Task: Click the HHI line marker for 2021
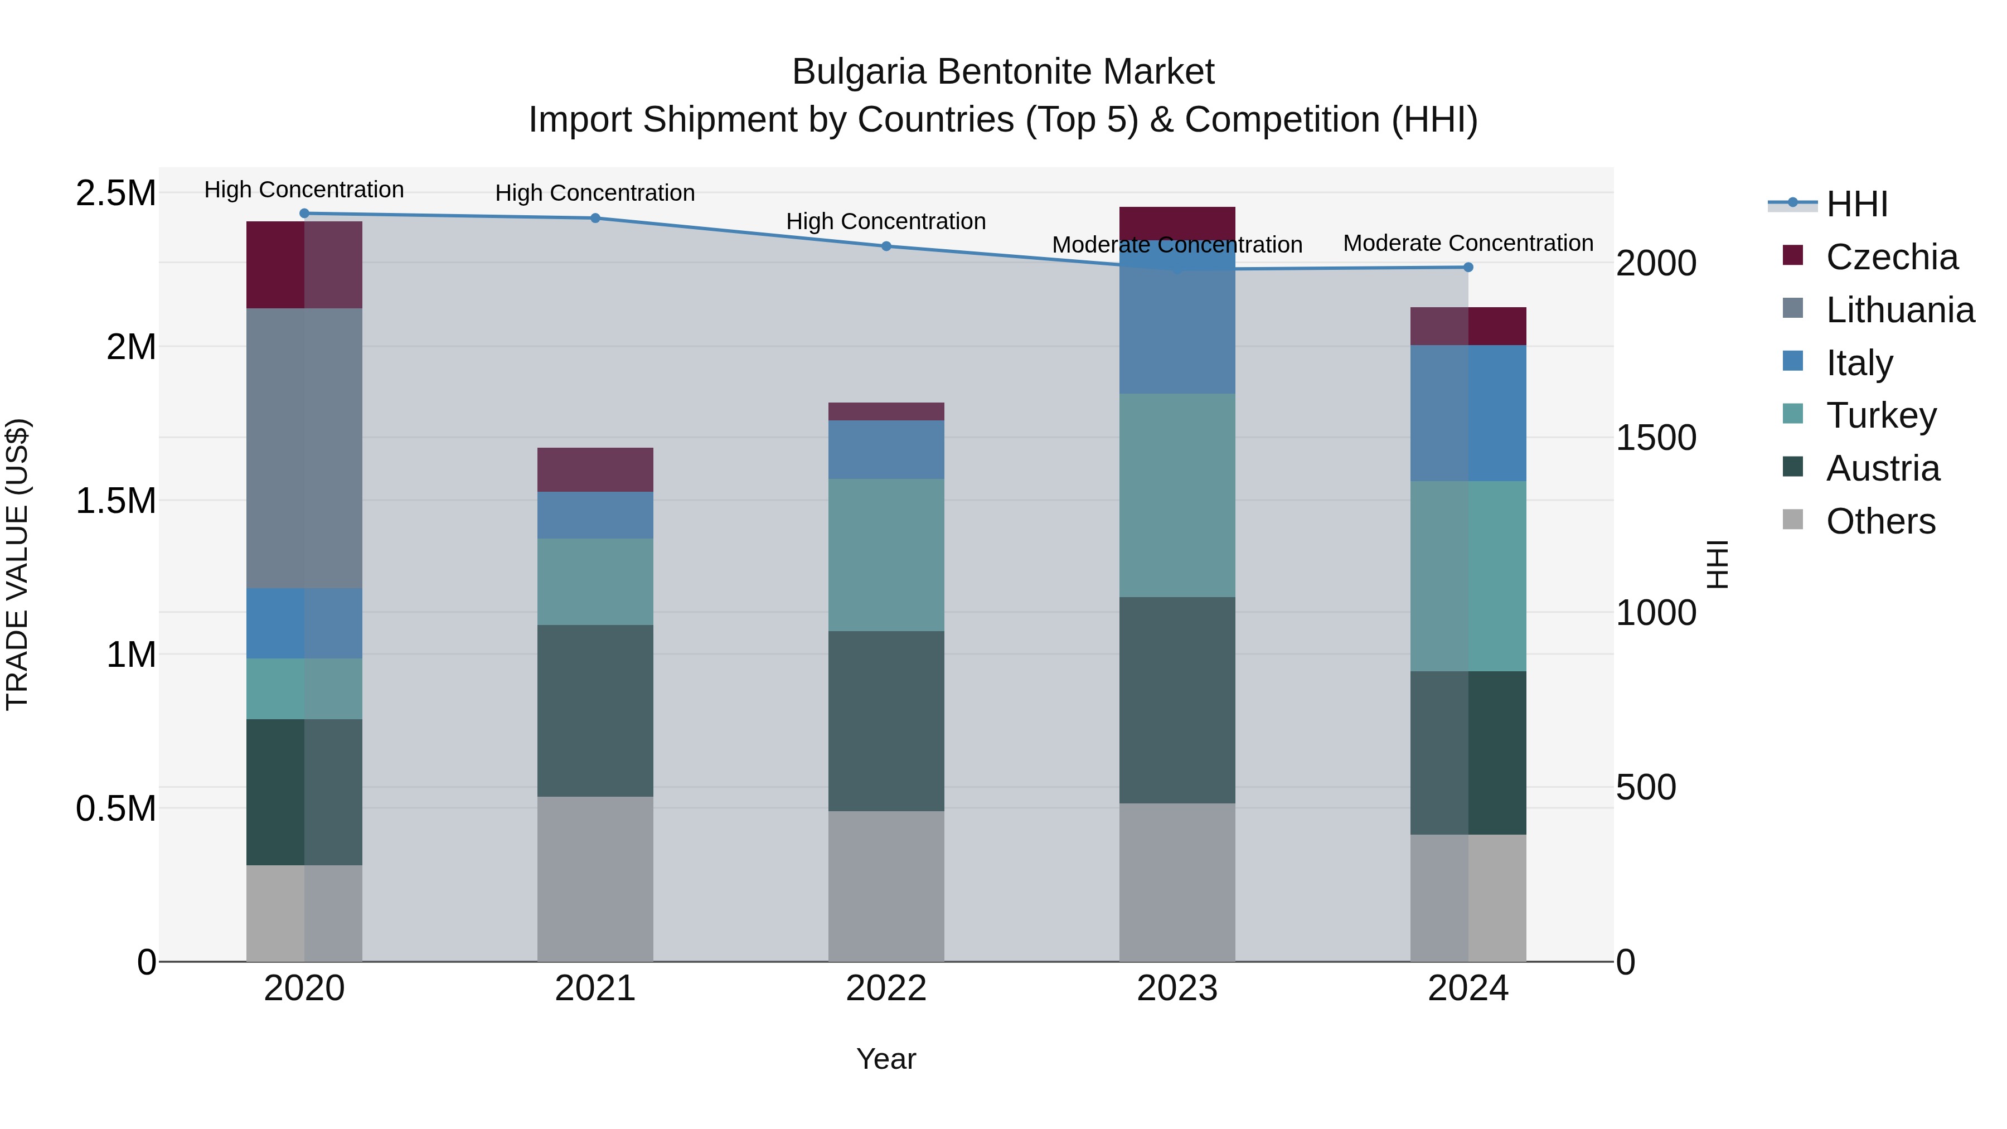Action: click(595, 218)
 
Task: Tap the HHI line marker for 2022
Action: click(886, 246)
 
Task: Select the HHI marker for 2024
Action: click(1468, 267)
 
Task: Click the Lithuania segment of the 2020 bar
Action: click(304, 448)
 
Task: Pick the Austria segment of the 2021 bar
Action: click(595, 711)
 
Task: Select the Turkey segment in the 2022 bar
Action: click(886, 555)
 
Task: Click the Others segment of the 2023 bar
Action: click(1176, 882)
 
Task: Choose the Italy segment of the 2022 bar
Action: click(886, 449)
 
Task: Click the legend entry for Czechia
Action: click(1891, 257)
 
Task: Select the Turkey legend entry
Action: click(1881, 415)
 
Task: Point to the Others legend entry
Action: click(1880, 521)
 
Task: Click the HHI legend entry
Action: click(1856, 204)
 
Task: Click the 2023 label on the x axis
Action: click(1176, 988)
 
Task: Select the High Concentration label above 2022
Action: click(886, 221)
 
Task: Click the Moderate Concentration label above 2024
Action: click(1468, 243)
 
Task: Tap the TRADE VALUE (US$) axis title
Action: click(17, 564)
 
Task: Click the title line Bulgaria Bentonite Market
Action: click(1003, 72)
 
